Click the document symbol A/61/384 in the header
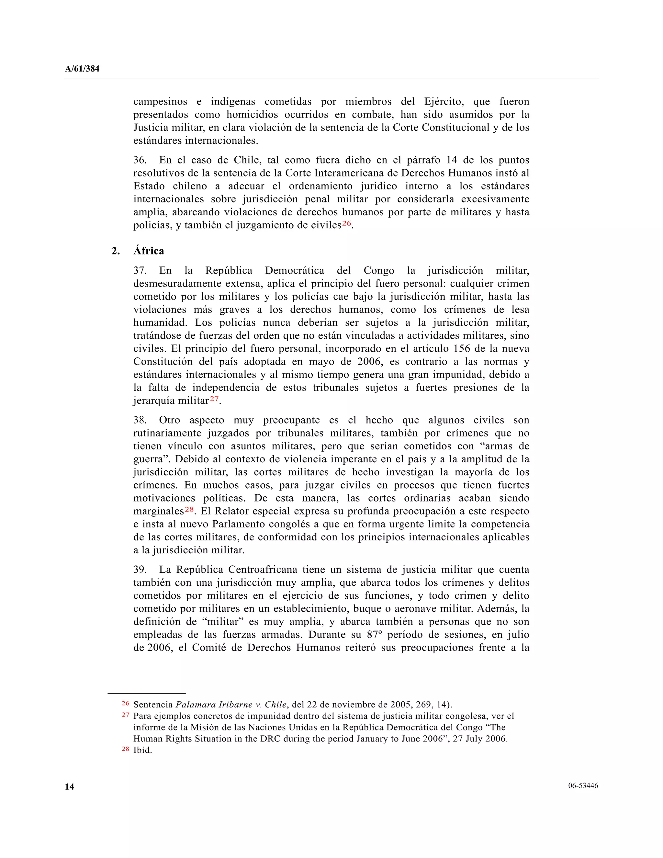(x=82, y=69)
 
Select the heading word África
(x=149, y=251)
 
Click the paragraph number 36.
(x=140, y=160)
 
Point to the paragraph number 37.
(x=140, y=270)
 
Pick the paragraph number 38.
(x=140, y=420)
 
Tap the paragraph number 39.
(x=140, y=570)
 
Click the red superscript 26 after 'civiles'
(x=346, y=223)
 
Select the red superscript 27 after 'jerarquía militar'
(x=214, y=399)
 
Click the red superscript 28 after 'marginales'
(x=189, y=509)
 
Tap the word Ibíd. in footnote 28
(x=142, y=750)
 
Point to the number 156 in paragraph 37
(x=462, y=348)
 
